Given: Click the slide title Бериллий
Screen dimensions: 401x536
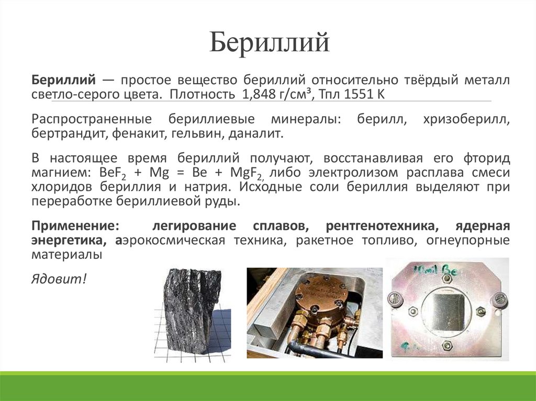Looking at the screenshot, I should click(270, 43).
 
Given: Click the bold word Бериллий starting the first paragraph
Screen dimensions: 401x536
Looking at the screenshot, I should click(63, 81).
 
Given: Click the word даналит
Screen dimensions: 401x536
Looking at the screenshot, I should click(257, 133).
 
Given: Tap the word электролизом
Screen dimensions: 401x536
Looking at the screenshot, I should click(342, 173).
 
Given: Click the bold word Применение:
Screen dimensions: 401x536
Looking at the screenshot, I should click(75, 226).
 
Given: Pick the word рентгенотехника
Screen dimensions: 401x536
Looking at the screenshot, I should click(381, 226).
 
